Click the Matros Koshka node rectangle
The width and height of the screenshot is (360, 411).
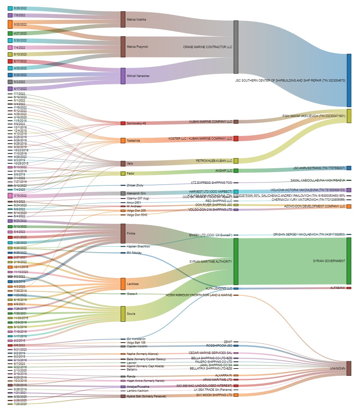click(123, 19)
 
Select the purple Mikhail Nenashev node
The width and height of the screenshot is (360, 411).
click(123, 76)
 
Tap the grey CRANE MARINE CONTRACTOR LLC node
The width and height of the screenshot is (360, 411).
click(236, 47)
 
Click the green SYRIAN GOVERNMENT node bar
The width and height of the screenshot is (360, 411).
click(349, 261)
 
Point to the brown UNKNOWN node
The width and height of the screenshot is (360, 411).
click(349, 368)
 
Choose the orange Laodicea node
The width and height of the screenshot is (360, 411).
click(123, 284)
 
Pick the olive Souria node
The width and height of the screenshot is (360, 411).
click(123, 313)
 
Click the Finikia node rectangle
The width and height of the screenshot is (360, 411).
click(123, 234)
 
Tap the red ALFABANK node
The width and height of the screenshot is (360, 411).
click(349, 288)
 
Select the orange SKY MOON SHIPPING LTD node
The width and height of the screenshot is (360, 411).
click(236, 395)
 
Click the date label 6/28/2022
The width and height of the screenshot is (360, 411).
click(20, 8)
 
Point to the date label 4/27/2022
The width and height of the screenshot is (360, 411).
click(20, 34)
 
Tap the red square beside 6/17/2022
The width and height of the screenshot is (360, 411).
click(10, 61)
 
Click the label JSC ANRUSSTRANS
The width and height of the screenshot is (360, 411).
click(319, 168)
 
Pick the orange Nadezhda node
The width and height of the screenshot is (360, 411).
click(123, 141)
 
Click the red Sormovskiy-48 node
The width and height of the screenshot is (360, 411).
click(123, 123)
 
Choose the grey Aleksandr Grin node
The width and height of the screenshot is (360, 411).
click(123, 193)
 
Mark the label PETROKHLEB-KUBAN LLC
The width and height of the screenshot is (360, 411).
click(214, 161)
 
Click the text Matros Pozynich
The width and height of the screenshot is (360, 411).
click(137, 47)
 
